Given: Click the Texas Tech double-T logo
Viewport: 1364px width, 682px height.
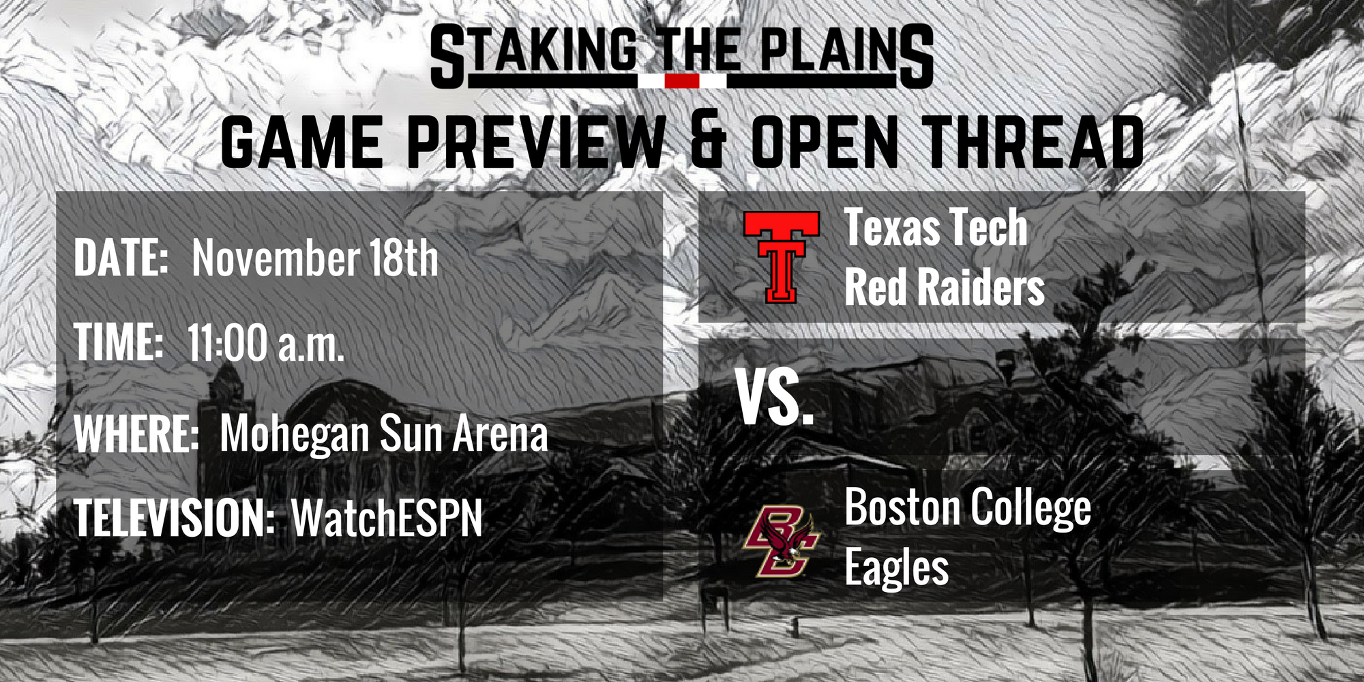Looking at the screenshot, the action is [x=782, y=256].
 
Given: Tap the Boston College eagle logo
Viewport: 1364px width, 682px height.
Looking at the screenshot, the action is [x=782, y=541].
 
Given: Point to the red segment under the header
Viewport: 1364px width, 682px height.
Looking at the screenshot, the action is [x=682, y=81].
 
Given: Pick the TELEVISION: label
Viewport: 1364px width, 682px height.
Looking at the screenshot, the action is [x=175, y=518].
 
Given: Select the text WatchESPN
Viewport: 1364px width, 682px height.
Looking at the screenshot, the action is [x=387, y=518].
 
